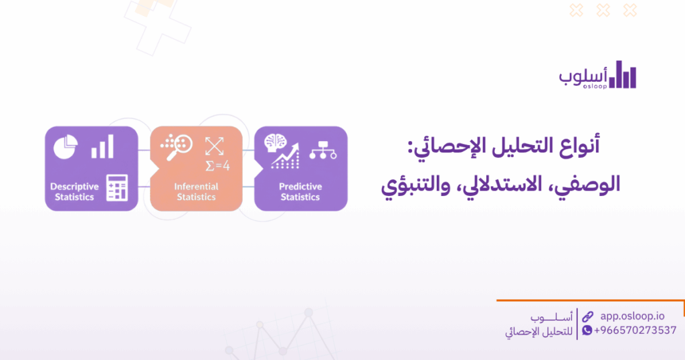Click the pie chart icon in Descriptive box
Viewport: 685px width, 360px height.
[x=66, y=146]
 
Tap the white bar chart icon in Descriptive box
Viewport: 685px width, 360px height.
[x=102, y=147]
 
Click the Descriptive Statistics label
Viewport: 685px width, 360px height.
[x=74, y=191]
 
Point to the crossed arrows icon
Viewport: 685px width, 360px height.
[x=214, y=145]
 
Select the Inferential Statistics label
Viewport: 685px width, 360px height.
[x=196, y=191]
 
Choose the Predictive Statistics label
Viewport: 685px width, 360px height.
[x=300, y=191]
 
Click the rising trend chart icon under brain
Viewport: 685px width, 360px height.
[x=284, y=160]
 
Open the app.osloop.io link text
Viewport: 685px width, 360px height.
[x=632, y=316]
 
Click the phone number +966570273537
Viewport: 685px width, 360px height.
[x=635, y=331]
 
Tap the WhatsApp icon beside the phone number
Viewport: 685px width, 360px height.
[x=587, y=331]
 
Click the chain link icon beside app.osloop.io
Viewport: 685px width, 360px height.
[x=587, y=316]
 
